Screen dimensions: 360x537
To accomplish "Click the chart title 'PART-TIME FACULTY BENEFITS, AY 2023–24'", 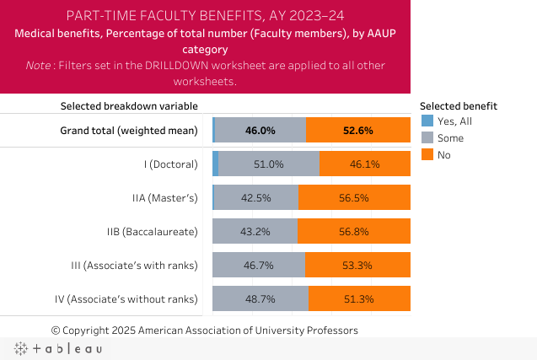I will click(205, 16).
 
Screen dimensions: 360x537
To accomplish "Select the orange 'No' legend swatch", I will click(427, 154).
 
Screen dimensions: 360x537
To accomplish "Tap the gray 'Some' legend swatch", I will click(427, 138).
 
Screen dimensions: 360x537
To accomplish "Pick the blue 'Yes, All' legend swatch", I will click(427, 122).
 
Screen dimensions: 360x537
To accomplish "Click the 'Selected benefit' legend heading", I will click(458, 106).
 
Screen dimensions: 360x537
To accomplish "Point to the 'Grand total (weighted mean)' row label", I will click(128, 131).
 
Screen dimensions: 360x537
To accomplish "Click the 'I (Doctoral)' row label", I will click(170, 164).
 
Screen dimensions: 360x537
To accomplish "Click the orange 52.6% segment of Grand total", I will click(358, 131).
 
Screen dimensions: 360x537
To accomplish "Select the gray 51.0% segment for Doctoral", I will click(269, 164).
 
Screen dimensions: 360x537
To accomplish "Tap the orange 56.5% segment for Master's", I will click(354, 198).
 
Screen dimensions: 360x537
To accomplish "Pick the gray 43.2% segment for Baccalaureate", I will click(255, 231).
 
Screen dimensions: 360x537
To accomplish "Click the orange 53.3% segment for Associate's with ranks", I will click(357, 265).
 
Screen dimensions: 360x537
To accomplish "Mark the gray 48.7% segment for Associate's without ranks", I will click(260, 298).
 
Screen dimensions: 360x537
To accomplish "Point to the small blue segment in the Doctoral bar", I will click(216, 164).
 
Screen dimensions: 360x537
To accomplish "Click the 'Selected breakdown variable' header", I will click(129, 106).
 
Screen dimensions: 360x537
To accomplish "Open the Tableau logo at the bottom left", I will click(57, 348).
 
